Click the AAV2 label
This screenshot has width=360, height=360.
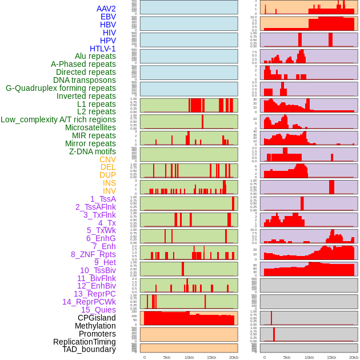click(x=106, y=9)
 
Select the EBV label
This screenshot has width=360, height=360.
click(x=108, y=17)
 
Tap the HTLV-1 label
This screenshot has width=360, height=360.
click(x=103, y=49)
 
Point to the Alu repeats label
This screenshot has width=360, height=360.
click(x=95, y=56)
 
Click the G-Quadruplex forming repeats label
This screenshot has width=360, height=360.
click(x=61, y=88)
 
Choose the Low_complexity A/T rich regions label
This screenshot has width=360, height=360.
click(x=58, y=119)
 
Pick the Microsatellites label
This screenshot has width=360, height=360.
click(x=90, y=127)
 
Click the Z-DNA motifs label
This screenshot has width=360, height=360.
click(x=93, y=151)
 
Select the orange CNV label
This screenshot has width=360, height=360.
click(x=107, y=159)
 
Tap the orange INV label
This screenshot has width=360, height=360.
click(x=109, y=191)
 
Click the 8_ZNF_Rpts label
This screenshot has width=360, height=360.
click(x=93, y=254)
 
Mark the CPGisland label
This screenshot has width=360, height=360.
click(x=97, y=318)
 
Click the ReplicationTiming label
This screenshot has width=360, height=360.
click(x=84, y=342)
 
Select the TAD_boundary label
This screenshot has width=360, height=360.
click(x=89, y=349)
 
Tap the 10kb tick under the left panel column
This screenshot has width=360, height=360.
click(x=189, y=357)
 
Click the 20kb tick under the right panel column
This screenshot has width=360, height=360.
click(x=354, y=357)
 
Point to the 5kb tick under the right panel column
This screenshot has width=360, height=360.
click(x=286, y=357)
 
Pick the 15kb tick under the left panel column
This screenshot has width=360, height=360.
click(x=211, y=357)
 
